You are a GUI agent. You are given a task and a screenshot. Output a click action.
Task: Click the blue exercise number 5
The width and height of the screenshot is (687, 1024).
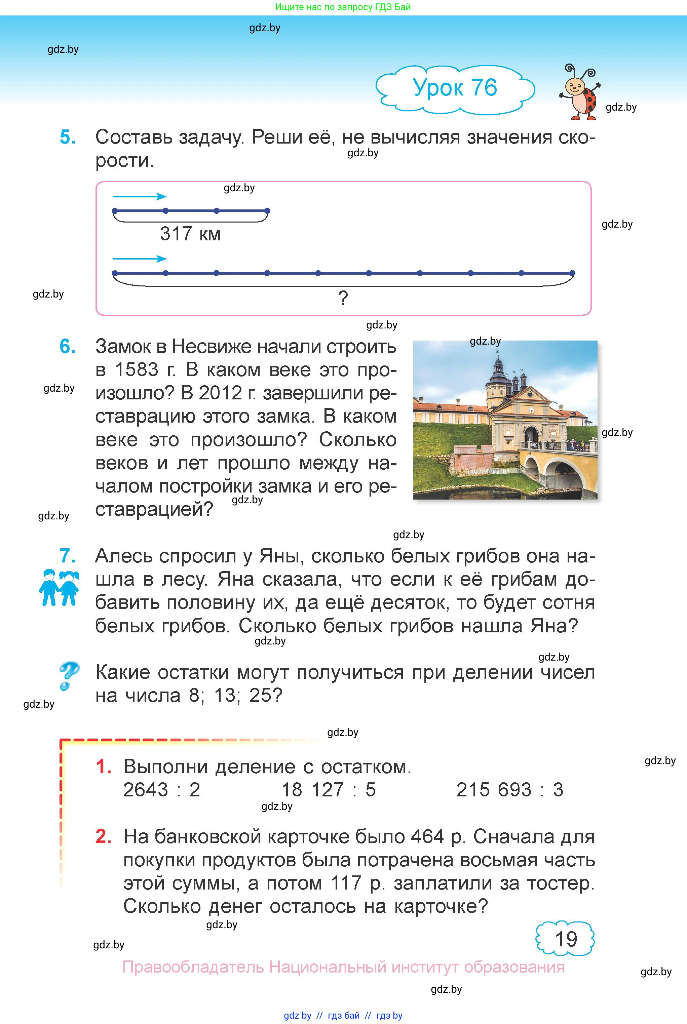(x=68, y=137)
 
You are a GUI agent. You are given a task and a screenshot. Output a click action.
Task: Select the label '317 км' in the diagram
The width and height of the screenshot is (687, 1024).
(x=190, y=234)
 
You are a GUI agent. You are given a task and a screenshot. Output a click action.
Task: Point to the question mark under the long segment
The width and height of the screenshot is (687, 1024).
(x=343, y=298)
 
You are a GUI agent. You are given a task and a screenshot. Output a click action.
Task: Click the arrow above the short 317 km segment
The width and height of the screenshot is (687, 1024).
(x=139, y=197)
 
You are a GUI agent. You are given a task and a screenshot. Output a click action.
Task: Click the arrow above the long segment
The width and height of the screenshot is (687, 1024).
(x=139, y=259)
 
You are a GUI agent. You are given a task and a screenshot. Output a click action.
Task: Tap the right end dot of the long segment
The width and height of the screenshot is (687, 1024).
(x=572, y=273)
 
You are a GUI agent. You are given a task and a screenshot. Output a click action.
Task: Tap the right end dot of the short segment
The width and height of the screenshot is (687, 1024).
(x=268, y=211)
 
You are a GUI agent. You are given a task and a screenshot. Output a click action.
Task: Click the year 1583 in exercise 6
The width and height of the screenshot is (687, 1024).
(x=136, y=370)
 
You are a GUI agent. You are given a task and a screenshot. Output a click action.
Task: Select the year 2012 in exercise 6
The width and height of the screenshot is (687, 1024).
(x=220, y=393)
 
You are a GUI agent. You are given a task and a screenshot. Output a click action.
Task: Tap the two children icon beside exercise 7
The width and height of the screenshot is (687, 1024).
(x=60, y=587)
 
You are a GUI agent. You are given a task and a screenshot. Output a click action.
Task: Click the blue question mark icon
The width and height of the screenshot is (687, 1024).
(x=69, y=675)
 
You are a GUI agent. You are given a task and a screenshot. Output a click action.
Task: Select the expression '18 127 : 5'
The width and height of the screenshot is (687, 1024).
(x=328, y=790)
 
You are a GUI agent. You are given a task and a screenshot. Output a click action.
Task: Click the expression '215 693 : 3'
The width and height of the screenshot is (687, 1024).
(x=509, y=790)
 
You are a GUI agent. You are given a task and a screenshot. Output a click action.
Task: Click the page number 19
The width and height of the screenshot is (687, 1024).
(x=566, y=939)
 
